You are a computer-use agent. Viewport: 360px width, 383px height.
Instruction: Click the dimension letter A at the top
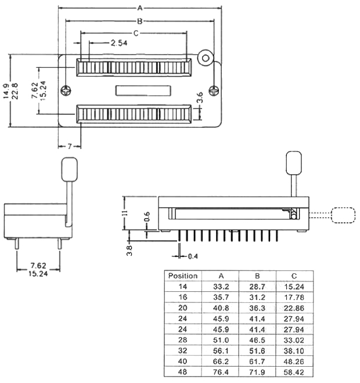(x=140, y=8)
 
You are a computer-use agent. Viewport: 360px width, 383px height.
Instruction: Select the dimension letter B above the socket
(x=140, y=21)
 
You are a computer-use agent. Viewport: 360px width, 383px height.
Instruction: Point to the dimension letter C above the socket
(x=136, y=33)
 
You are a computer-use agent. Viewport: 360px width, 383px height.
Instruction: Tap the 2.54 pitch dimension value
(x=119, y=43)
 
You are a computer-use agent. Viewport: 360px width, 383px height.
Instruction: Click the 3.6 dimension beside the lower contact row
(x=200, y=97)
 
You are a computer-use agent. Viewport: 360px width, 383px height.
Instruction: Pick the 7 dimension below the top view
(x=70, y=146)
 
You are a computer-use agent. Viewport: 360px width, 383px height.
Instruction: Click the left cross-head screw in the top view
(x=66, y=91)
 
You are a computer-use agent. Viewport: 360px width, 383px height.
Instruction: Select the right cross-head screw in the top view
(x=214, y=91)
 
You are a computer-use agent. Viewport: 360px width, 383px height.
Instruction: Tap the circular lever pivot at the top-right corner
(x=206, y=58)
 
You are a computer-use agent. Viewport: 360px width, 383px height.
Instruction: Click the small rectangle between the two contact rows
(x=143, y=91)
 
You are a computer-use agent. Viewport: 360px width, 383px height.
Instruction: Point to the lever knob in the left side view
(x=70, y=169)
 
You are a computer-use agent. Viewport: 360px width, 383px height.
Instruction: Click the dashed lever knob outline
(x=343, y=215)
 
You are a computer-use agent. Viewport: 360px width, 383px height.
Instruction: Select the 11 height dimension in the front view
(x=125, y=213)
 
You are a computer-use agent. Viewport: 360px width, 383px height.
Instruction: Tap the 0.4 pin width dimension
(x=193, y=256)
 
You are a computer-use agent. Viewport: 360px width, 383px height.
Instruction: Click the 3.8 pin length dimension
(x=129, y=251)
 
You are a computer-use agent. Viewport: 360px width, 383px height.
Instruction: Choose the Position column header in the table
(x=183, y=276)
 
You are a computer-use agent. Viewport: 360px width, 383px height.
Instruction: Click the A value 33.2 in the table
(x=221, y=287)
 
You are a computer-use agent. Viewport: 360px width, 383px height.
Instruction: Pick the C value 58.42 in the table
(x=294, y=373)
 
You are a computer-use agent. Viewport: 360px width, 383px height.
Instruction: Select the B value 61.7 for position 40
(x=257, y=362)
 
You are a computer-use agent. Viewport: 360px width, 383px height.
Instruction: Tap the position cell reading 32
(x=182, y=351)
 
